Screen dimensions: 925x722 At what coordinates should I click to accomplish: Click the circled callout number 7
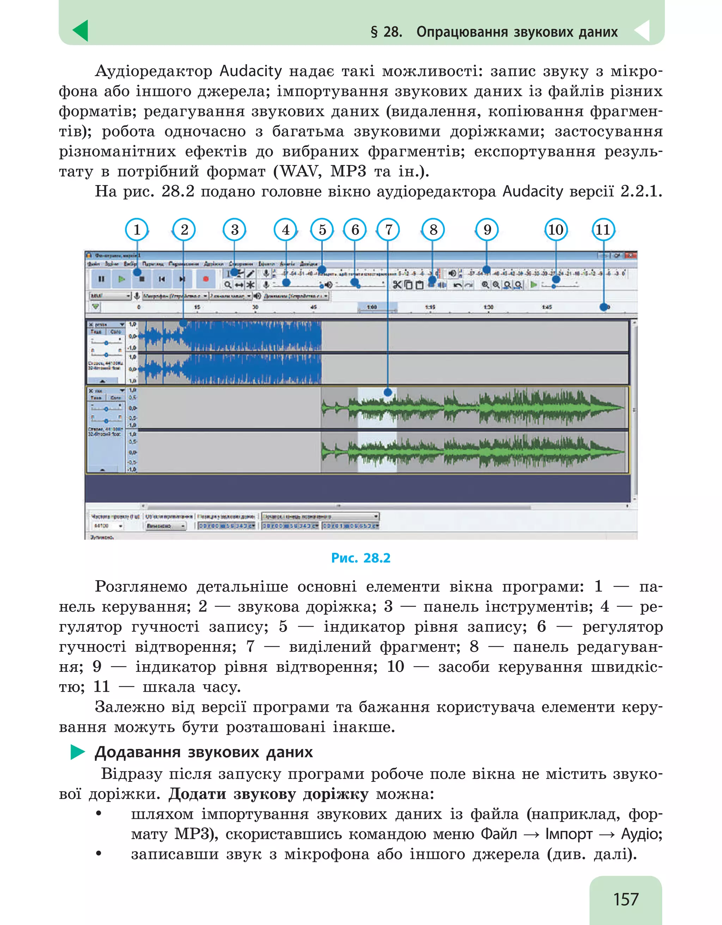pos(388,229)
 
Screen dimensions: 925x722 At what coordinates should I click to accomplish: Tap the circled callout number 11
pos(603,229)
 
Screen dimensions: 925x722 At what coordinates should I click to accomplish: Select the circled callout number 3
pos(234,229)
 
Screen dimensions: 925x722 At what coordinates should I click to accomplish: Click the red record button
pos(206,279)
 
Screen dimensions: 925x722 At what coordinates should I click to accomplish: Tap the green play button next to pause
pos(122,279)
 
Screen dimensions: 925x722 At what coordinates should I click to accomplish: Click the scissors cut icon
pos(397,284)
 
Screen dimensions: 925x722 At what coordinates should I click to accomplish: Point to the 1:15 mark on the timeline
pos(430,307)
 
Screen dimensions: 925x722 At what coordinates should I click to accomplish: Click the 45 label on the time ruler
pos(313,307)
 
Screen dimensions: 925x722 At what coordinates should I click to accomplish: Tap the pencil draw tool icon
pos(251,274)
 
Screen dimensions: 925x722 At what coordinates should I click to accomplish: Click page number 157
pos(625,899)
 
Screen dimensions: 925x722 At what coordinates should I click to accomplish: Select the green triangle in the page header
pos(80,31)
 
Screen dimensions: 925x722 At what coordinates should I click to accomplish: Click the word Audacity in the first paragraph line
pos(250,71)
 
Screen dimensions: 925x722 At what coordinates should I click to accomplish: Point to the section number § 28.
pos(386,32)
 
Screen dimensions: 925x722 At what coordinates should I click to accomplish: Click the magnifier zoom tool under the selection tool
pos(228,284)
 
